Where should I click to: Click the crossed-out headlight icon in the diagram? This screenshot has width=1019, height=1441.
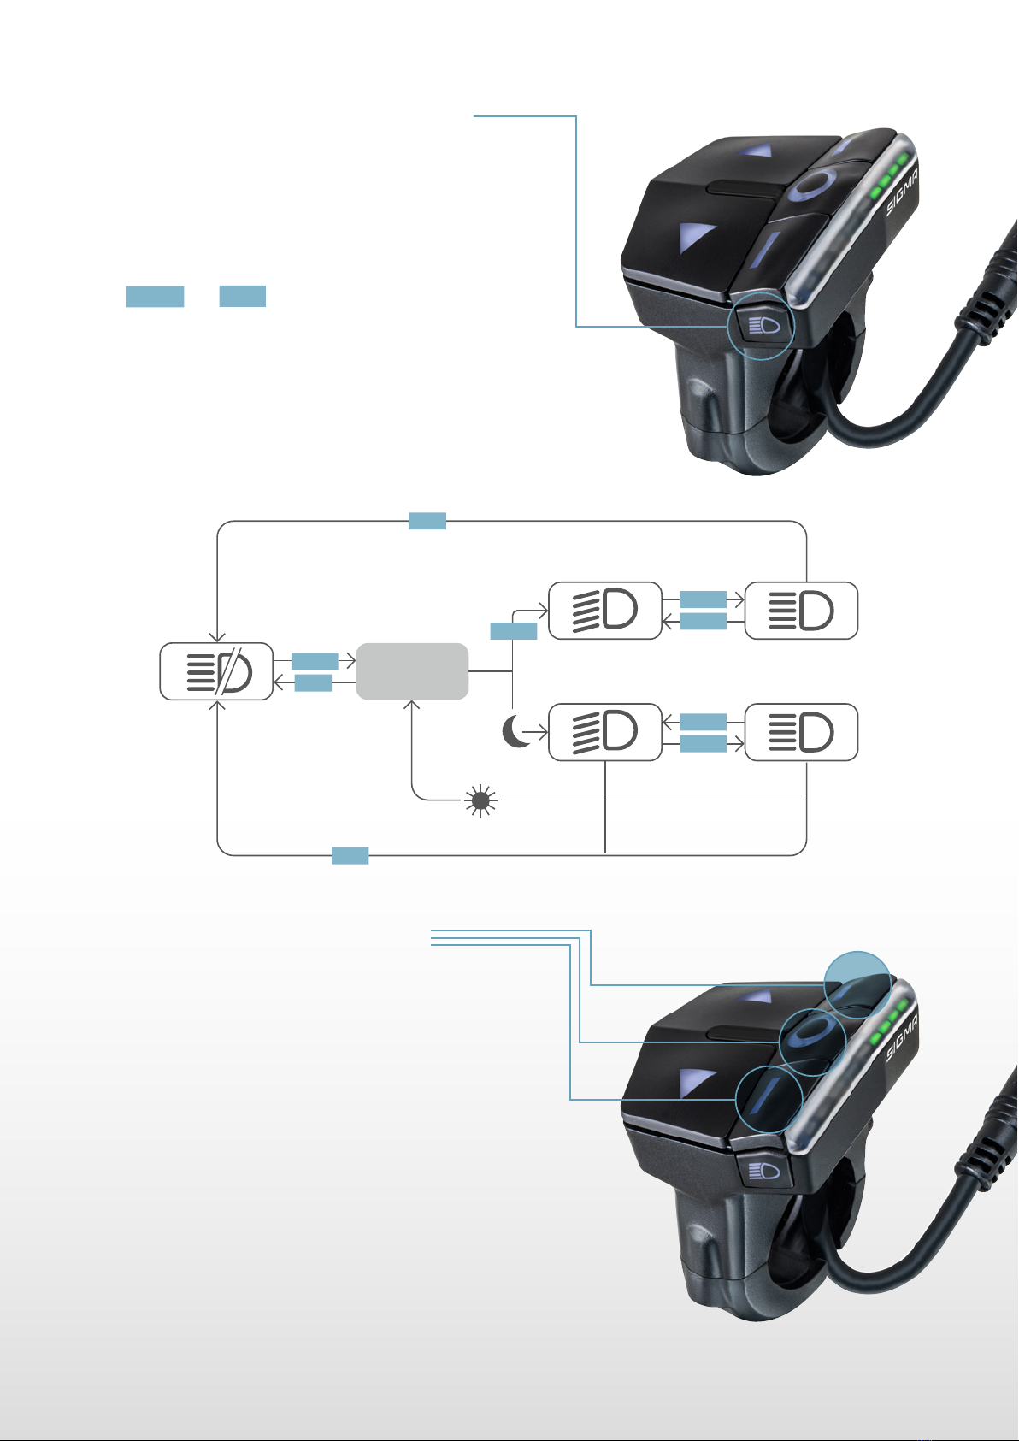(219, 671)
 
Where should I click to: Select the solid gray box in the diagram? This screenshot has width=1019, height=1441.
(412, 671)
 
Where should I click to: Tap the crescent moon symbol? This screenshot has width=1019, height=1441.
(515, 731)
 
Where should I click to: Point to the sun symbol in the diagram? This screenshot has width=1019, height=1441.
(481, 800)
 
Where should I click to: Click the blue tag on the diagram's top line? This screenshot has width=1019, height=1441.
(427, 521)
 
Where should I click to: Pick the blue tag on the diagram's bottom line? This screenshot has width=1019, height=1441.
(350, 855)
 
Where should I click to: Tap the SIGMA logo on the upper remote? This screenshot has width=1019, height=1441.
(903, 191)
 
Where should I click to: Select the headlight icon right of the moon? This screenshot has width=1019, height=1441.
(604, 732)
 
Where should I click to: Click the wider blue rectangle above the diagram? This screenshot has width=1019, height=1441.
(154, 297)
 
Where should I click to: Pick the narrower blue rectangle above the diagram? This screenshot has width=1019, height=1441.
(243, 296)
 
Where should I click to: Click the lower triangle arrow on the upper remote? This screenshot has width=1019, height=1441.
(696, 237)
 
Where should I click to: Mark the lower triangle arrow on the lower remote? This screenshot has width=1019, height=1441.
(696, 1084)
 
